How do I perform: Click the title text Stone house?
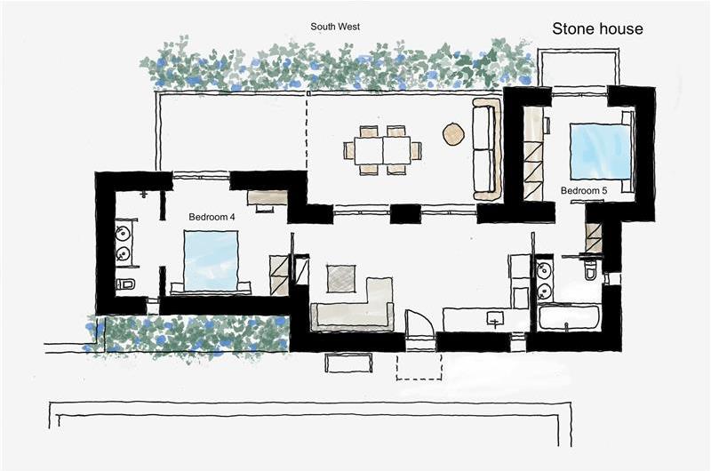(597, 29)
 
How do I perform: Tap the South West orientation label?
(335, 27)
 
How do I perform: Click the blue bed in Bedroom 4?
(211, 259)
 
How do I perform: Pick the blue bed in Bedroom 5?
(600, 151)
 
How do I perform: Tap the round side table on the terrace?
(453, 134)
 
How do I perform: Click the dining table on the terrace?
(383, 150)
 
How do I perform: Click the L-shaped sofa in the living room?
(355, 307)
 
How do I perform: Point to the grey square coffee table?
(341, 279)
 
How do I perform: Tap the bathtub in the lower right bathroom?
(569, 317)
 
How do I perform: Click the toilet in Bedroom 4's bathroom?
(125, 285)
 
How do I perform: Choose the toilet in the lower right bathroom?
(591, 270)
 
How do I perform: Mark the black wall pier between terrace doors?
(405, 214)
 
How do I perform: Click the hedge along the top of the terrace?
(338, 68)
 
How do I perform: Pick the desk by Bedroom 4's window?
(266, 197)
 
